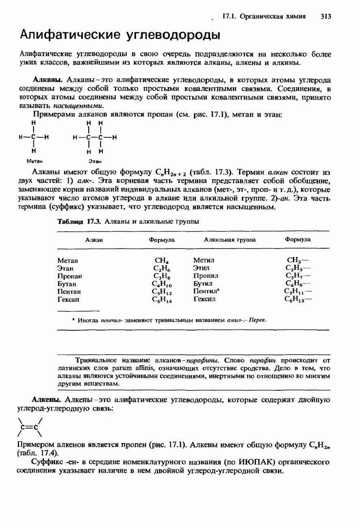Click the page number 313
pyautogui.click(x=325, y=17)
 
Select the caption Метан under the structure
pyautogui.click(x=34, y=161)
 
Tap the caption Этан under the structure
pyautogui.click(x=95, y=161)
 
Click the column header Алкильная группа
pyautogui.click(x=230, y=240)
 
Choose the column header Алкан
pyautogui.click(x=94, y=240)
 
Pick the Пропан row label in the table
pyautogui.click(x=70, y=276)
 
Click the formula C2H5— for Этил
pyautogui.click(x=298, y=268)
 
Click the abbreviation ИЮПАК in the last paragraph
pyautogui.click(x=256, y=462)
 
